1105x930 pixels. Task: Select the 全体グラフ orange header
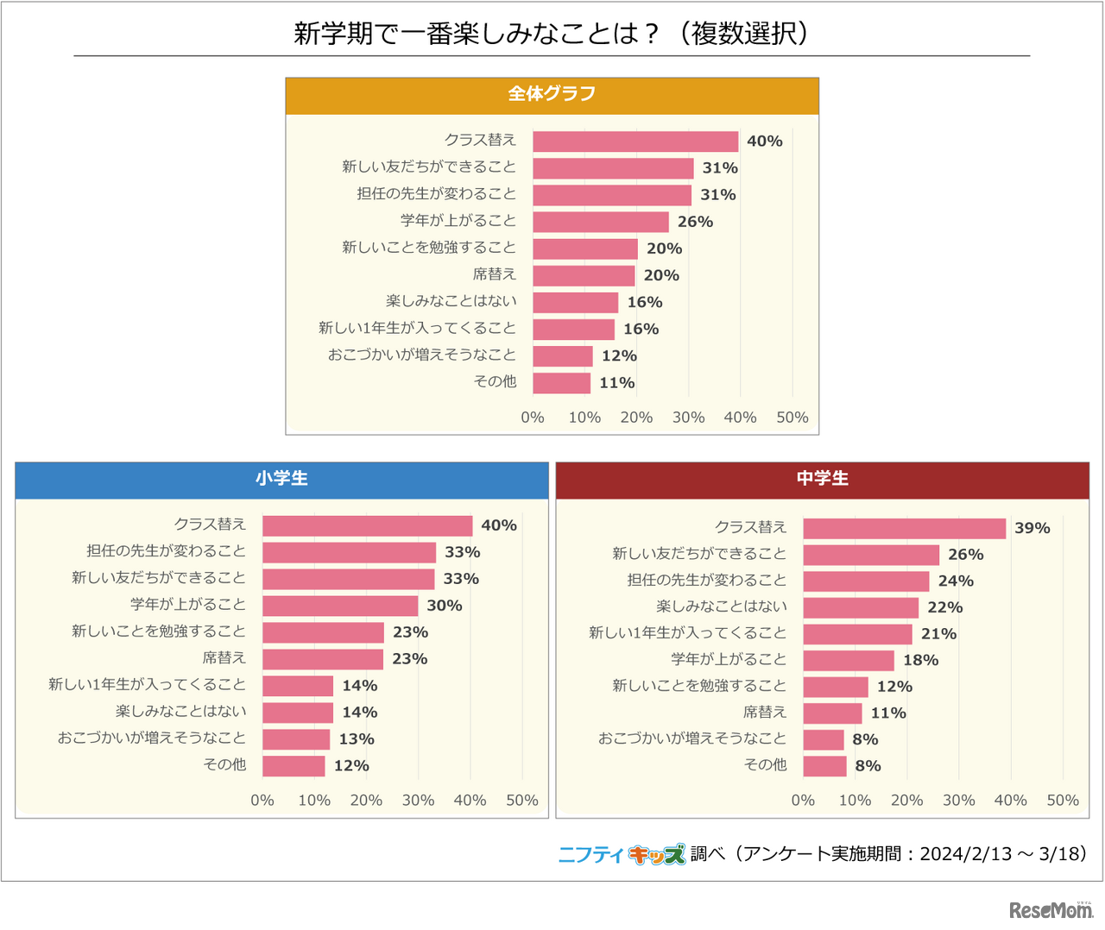click(x=552, y=95)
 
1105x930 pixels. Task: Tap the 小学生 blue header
click(x=281, y=480)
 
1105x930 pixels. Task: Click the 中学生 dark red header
click(x=822, y=480)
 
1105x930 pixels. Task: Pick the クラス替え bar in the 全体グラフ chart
click(x=635, y=141)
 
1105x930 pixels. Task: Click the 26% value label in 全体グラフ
click(x=695, y=222)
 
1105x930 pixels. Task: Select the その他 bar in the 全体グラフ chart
click(x=561, y=383)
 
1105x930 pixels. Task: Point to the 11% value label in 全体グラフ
click(x=617, y=383)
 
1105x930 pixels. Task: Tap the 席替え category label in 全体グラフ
click(x=494, y=274)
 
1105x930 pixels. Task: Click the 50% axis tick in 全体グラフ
click(x=792, y=418)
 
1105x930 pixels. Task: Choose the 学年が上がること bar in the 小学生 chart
click(x=340, y=606)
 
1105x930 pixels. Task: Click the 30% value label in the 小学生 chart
click(x=445, y=606)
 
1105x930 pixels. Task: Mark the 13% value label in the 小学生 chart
click(x=357, y=739)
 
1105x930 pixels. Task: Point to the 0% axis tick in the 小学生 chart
click(x=262, y=801)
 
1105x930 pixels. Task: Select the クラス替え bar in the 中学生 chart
click(x=904, y=528)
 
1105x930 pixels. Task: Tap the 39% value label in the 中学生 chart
click(x=1032, y=528)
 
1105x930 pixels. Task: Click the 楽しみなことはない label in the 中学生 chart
click(x=722, y=606)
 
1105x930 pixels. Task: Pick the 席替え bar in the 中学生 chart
click(x=832, y=713)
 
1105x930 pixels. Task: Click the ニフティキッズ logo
click(x=622, y=854)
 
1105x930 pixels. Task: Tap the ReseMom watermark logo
click(x=1051, y=910)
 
